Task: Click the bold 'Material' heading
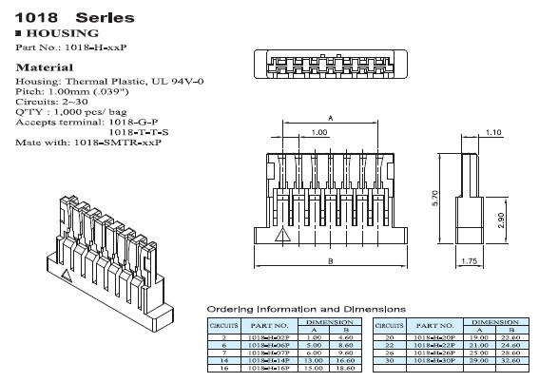[45, 68]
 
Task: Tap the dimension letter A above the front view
[330, 117]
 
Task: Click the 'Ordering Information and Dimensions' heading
[305, 310]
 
